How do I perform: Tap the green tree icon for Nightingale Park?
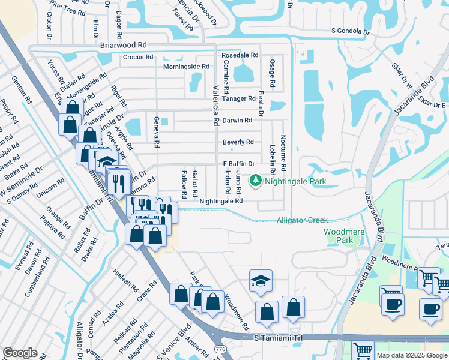256,180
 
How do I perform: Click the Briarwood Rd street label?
124,45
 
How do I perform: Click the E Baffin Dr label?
239,164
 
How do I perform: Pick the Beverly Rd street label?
238,142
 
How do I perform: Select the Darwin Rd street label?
237,121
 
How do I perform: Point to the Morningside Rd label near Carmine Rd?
186,67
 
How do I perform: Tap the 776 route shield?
220,349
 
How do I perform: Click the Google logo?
20,353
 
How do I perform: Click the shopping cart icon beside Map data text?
362,350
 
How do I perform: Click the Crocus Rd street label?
137,58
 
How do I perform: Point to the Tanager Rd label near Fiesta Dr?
238,98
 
